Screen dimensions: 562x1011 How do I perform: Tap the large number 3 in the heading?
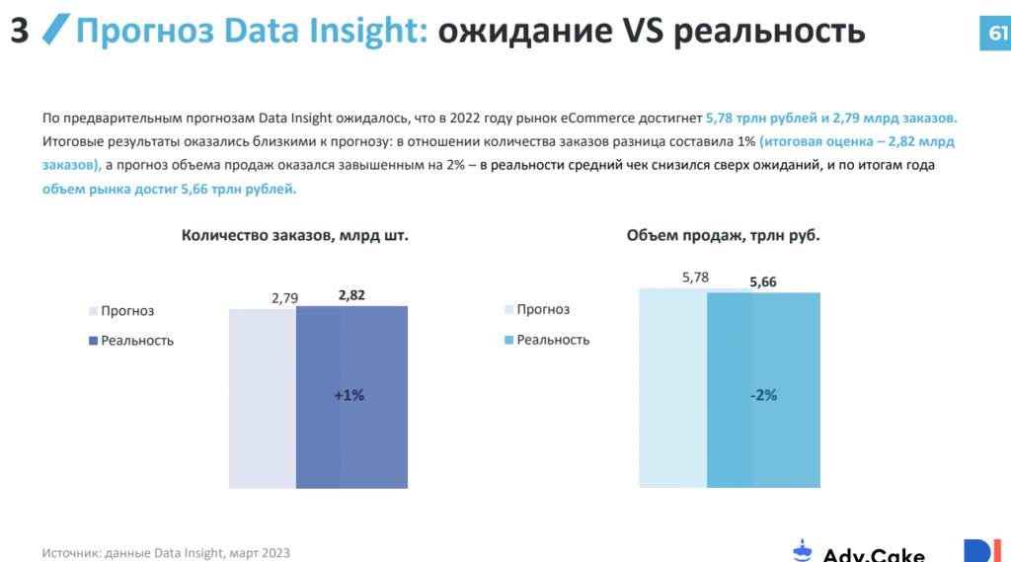(x=19, y=33)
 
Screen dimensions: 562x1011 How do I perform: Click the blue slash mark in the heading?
(x=57, y=32)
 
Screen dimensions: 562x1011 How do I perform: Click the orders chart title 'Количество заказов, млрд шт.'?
(x=294, y=235)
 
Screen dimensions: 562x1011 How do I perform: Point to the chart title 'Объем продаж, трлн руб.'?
(x=724, y=235)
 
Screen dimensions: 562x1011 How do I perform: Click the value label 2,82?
(x=351, y=295)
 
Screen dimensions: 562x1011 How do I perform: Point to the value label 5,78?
(x=695, y=278)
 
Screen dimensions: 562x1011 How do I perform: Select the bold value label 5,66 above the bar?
(x=763, y=282)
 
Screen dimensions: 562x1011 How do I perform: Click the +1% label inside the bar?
(x=350, y=395)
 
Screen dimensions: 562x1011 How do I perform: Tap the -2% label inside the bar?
(x=762, y=395)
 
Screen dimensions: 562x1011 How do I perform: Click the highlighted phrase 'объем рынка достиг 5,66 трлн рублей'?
(x=169, y=188)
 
